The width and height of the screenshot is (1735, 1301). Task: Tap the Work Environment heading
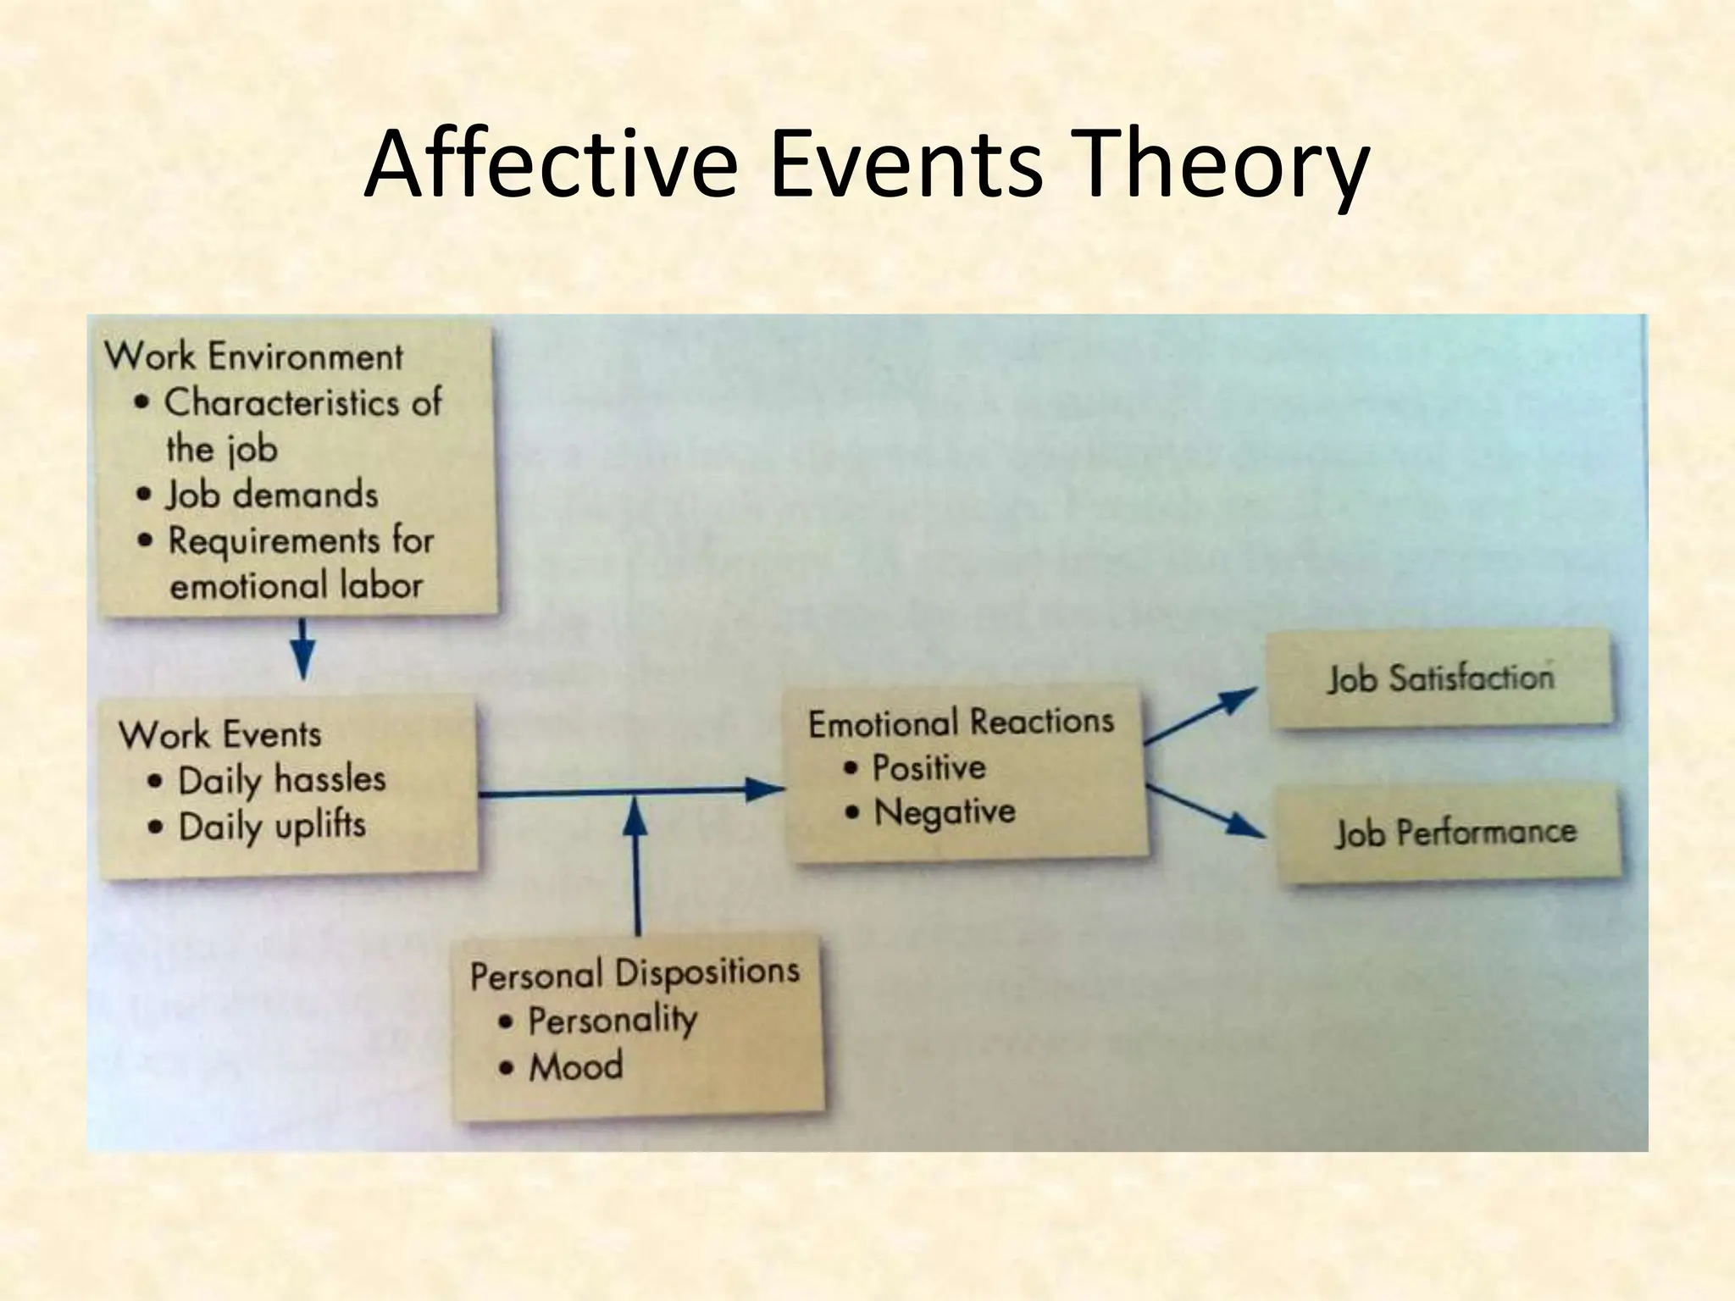[x=254, y=357]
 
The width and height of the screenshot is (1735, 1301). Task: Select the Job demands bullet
[x=271, y=495]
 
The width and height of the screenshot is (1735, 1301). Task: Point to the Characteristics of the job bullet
[x=301, y=424]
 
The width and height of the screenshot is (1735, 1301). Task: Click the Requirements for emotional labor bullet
[x=297, y=562]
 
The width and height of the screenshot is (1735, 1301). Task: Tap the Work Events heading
[x=220, y=734]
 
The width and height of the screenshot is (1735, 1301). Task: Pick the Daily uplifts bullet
[x=271, y=826]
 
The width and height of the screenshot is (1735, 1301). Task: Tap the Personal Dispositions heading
[x=635, y=973]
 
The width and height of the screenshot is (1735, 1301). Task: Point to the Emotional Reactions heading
[x=961, y=722]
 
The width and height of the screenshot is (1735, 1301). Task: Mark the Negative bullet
[x=944, y=812]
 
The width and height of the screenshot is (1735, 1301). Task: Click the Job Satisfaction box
[x=1440, y=678]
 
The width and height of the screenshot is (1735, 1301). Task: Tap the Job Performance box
[x=1455, y=833]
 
